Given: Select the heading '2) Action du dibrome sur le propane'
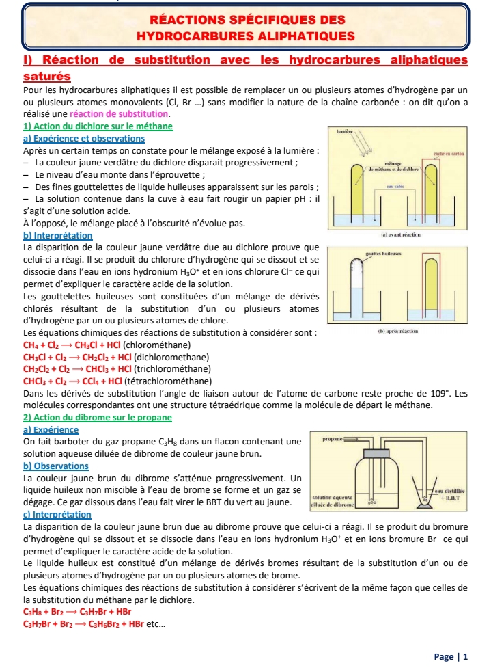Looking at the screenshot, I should (97, 417).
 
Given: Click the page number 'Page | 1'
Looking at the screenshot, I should (451, 657).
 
